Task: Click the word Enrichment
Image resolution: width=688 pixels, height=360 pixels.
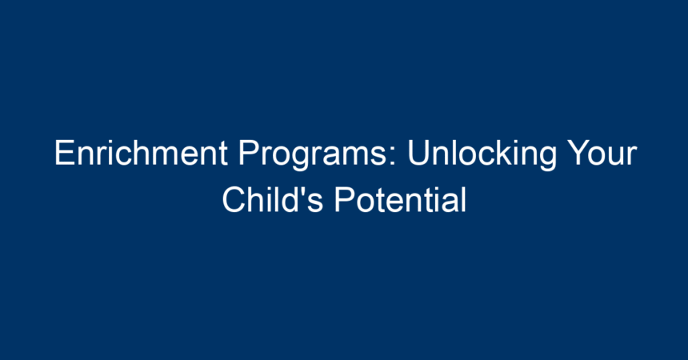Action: point(141,153)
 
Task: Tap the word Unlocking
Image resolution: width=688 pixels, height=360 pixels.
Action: point(482,155)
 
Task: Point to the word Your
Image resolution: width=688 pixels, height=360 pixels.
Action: point(601,153)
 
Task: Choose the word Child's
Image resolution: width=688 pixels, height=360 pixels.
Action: point(273,199)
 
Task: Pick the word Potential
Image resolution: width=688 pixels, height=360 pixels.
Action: point(400,199)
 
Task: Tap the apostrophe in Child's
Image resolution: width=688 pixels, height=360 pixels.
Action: point(305,190)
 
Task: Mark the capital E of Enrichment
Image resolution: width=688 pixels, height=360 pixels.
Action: point(65,153)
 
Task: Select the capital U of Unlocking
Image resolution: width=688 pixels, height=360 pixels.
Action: point(419,153)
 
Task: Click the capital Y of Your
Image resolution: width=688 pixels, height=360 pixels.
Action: point(578,153)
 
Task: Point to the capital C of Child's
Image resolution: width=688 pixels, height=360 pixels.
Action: point(234,199)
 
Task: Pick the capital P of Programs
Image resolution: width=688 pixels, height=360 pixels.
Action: point(250,153)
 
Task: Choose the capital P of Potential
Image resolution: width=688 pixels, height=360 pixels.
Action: point(346,199)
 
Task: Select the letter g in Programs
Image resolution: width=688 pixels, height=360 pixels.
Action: point(301,159)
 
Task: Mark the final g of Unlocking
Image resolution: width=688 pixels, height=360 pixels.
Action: point(547,159)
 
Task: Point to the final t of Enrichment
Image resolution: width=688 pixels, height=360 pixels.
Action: point(222,154)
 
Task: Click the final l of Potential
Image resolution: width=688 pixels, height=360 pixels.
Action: point(463,199)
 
